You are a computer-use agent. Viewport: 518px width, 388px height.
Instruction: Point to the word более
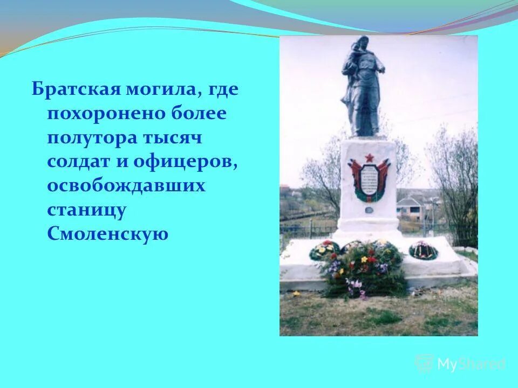[x=200, y=113]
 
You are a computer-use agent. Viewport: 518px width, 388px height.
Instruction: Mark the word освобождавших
[x=126, y=185]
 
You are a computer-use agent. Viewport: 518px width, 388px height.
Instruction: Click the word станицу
[x=86, y=210]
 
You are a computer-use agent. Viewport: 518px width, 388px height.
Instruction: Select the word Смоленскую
[x=108, y=233]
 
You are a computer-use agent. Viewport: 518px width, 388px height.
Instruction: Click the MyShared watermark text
[x=471, y=364]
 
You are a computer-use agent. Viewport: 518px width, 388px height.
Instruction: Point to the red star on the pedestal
[x=369, y=157]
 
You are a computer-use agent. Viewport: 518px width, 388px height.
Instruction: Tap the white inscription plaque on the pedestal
[x=369, y=179]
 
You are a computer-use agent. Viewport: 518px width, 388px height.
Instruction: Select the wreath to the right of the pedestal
[x=423, y=250]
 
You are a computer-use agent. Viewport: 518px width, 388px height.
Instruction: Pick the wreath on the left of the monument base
[x=324, y=250]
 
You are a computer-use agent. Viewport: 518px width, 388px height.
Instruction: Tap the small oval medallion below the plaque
[x=369, y=198]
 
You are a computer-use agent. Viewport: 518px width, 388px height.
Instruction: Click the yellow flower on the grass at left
[x=296, y=294]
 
